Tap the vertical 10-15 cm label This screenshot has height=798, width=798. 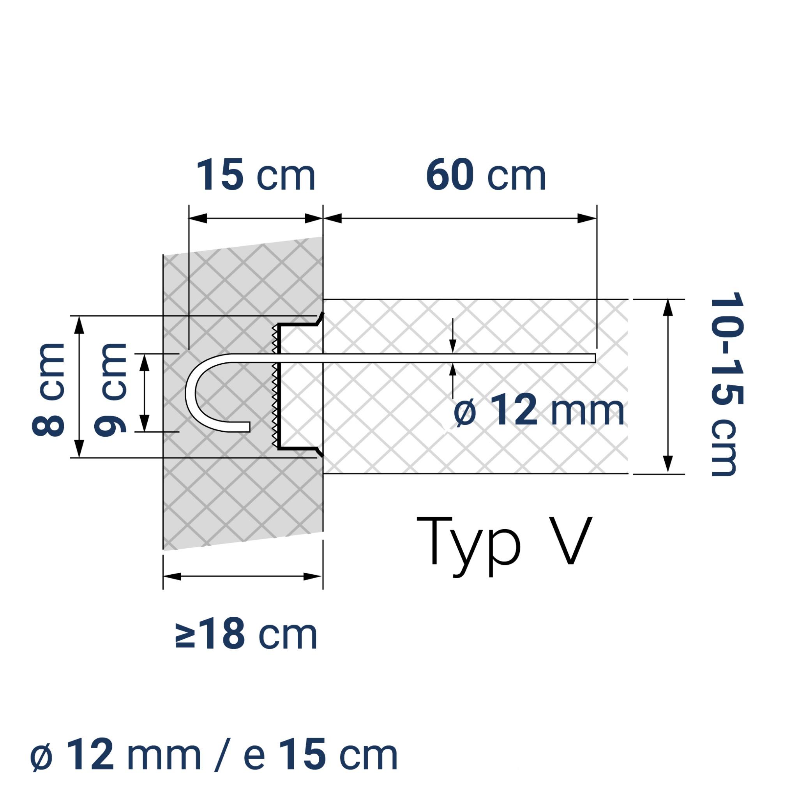click(727, 385)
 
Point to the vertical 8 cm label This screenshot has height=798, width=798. click(48, 389)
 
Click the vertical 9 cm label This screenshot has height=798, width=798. click(110, 389)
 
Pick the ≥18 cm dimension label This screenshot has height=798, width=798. click(246, 635)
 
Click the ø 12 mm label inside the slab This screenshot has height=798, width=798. click(538, 410)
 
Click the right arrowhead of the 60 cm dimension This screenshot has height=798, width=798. click(587, 219)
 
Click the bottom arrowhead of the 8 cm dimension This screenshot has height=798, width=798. click(80, 448)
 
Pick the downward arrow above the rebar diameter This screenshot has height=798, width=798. click(453, 345)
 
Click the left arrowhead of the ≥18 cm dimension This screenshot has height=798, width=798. click(172, 577)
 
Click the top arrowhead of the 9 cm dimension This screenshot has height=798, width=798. click(144, 363)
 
